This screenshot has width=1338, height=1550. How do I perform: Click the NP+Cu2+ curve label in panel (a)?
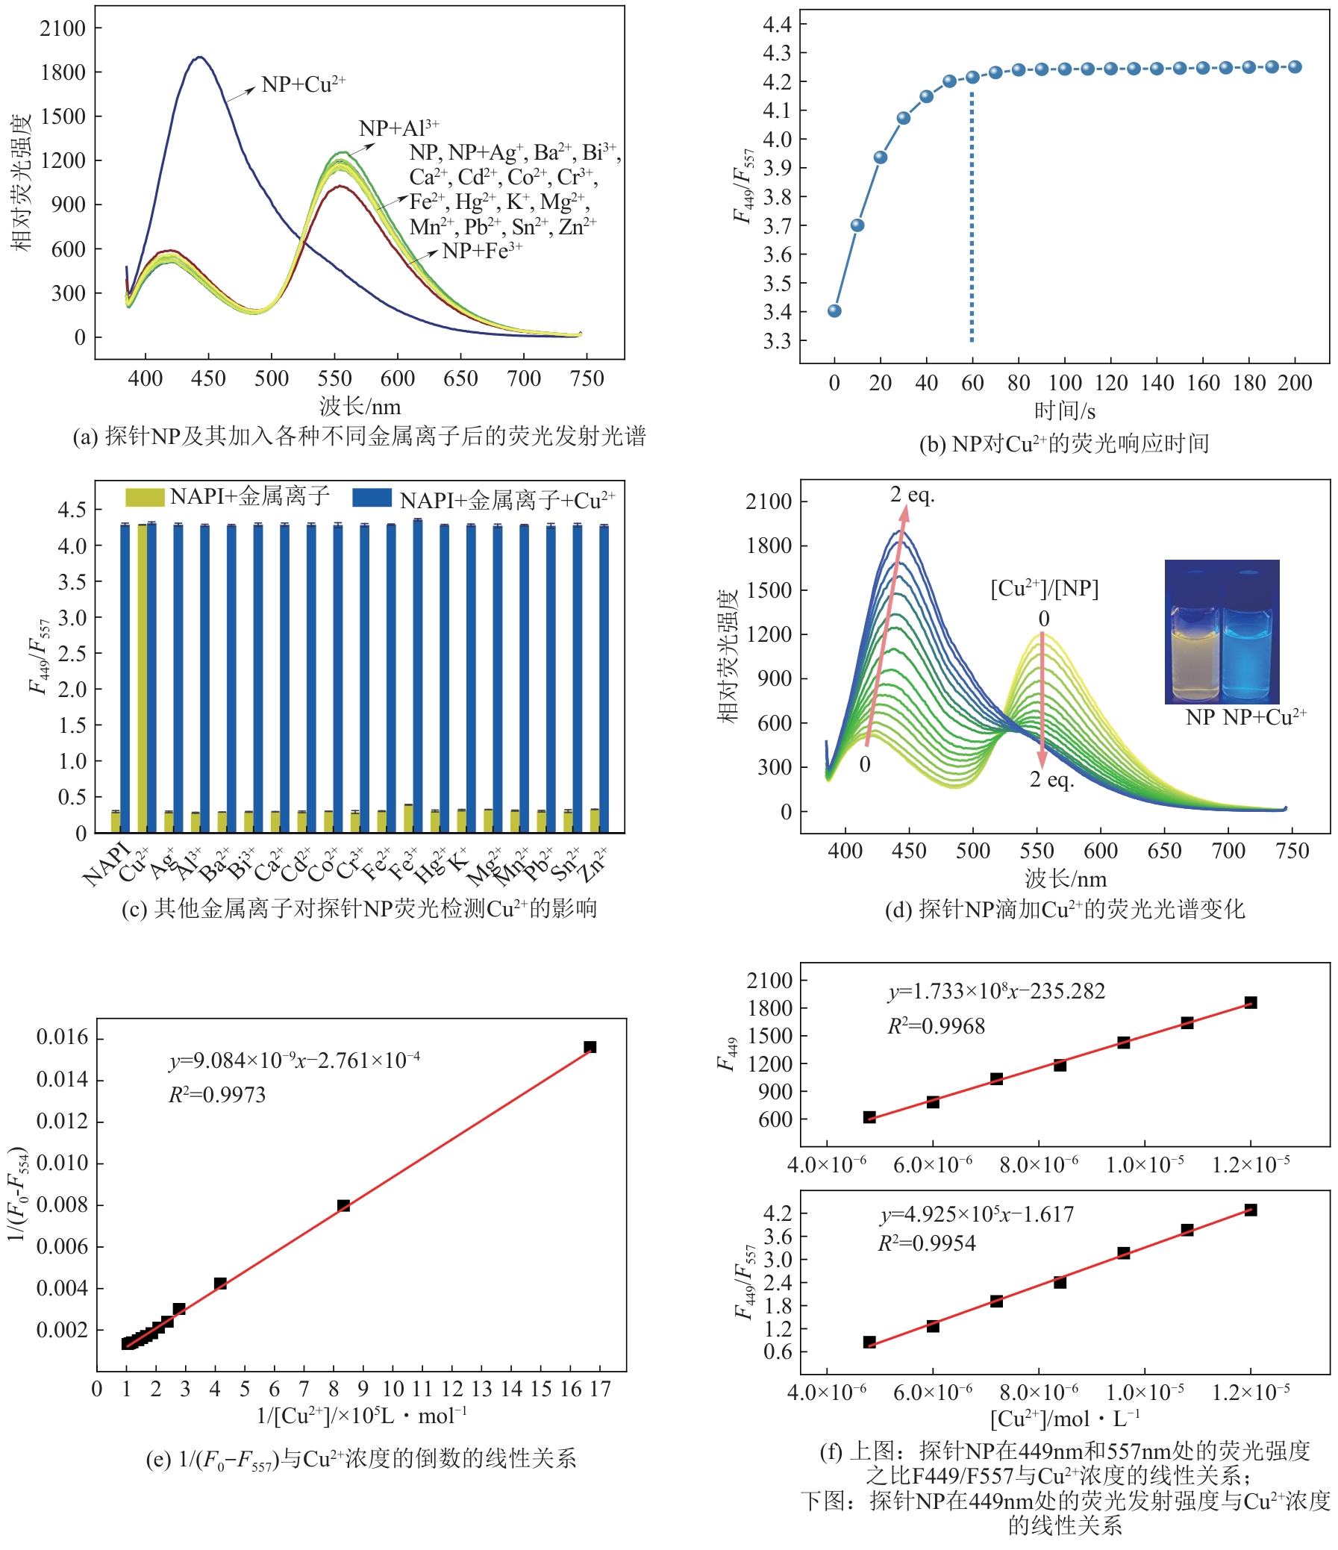303,84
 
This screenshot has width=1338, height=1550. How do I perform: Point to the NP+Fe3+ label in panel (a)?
482,251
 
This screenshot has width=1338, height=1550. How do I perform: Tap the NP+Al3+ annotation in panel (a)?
398,128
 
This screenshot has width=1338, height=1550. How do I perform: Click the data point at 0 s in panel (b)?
834,310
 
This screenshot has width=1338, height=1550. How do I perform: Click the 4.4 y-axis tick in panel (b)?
776,25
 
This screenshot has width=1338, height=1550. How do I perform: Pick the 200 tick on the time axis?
1295,383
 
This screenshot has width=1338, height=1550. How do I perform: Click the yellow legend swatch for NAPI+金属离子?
144,497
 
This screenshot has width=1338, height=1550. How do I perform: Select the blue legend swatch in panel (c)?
372,499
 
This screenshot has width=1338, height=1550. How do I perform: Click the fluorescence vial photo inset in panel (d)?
1222,631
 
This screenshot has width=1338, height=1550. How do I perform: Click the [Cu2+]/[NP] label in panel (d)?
1044,589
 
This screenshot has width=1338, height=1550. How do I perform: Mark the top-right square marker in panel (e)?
590,1046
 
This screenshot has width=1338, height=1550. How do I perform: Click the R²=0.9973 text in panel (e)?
217,1096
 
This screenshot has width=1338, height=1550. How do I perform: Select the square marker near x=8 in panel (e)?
343,1205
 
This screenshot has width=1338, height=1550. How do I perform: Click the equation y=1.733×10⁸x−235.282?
996,991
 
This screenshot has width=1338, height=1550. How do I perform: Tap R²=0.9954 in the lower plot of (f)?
927,1243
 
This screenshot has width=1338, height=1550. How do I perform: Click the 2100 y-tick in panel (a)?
63,28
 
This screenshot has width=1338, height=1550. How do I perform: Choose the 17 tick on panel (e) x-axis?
600,1389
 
